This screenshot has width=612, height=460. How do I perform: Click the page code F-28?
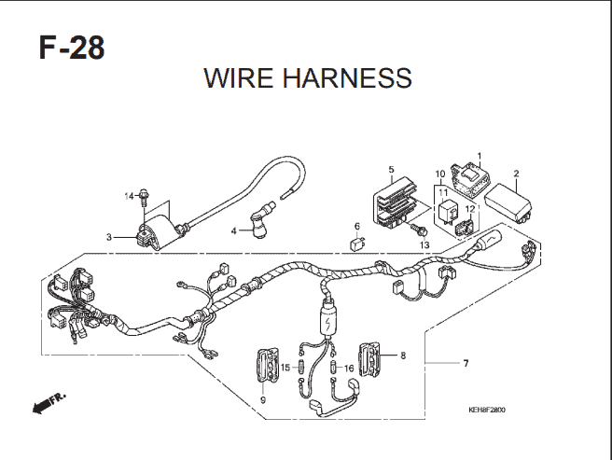(x=72, y=48)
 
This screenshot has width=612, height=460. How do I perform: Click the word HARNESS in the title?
(x=347, y=77)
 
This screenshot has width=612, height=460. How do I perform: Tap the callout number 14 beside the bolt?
(x=129, y=196)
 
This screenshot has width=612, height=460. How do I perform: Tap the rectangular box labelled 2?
(x=509, y=203)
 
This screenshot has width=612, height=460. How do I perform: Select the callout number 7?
(x=466, y=364)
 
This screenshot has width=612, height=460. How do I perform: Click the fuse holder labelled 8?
(x=369, y=359)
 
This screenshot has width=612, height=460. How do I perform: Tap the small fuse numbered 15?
(x=301, y=368)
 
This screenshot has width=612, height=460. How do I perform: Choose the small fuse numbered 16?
(x=333, y=368)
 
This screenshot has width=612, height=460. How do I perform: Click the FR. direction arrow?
(x=49, y=403)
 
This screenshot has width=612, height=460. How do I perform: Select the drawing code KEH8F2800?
(x=487, y=410)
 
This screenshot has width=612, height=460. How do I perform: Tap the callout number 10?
(x=440, y=174)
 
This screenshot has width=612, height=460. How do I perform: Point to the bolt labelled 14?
(x=145, y=197)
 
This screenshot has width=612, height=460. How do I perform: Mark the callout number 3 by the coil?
(x=109, y=237)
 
